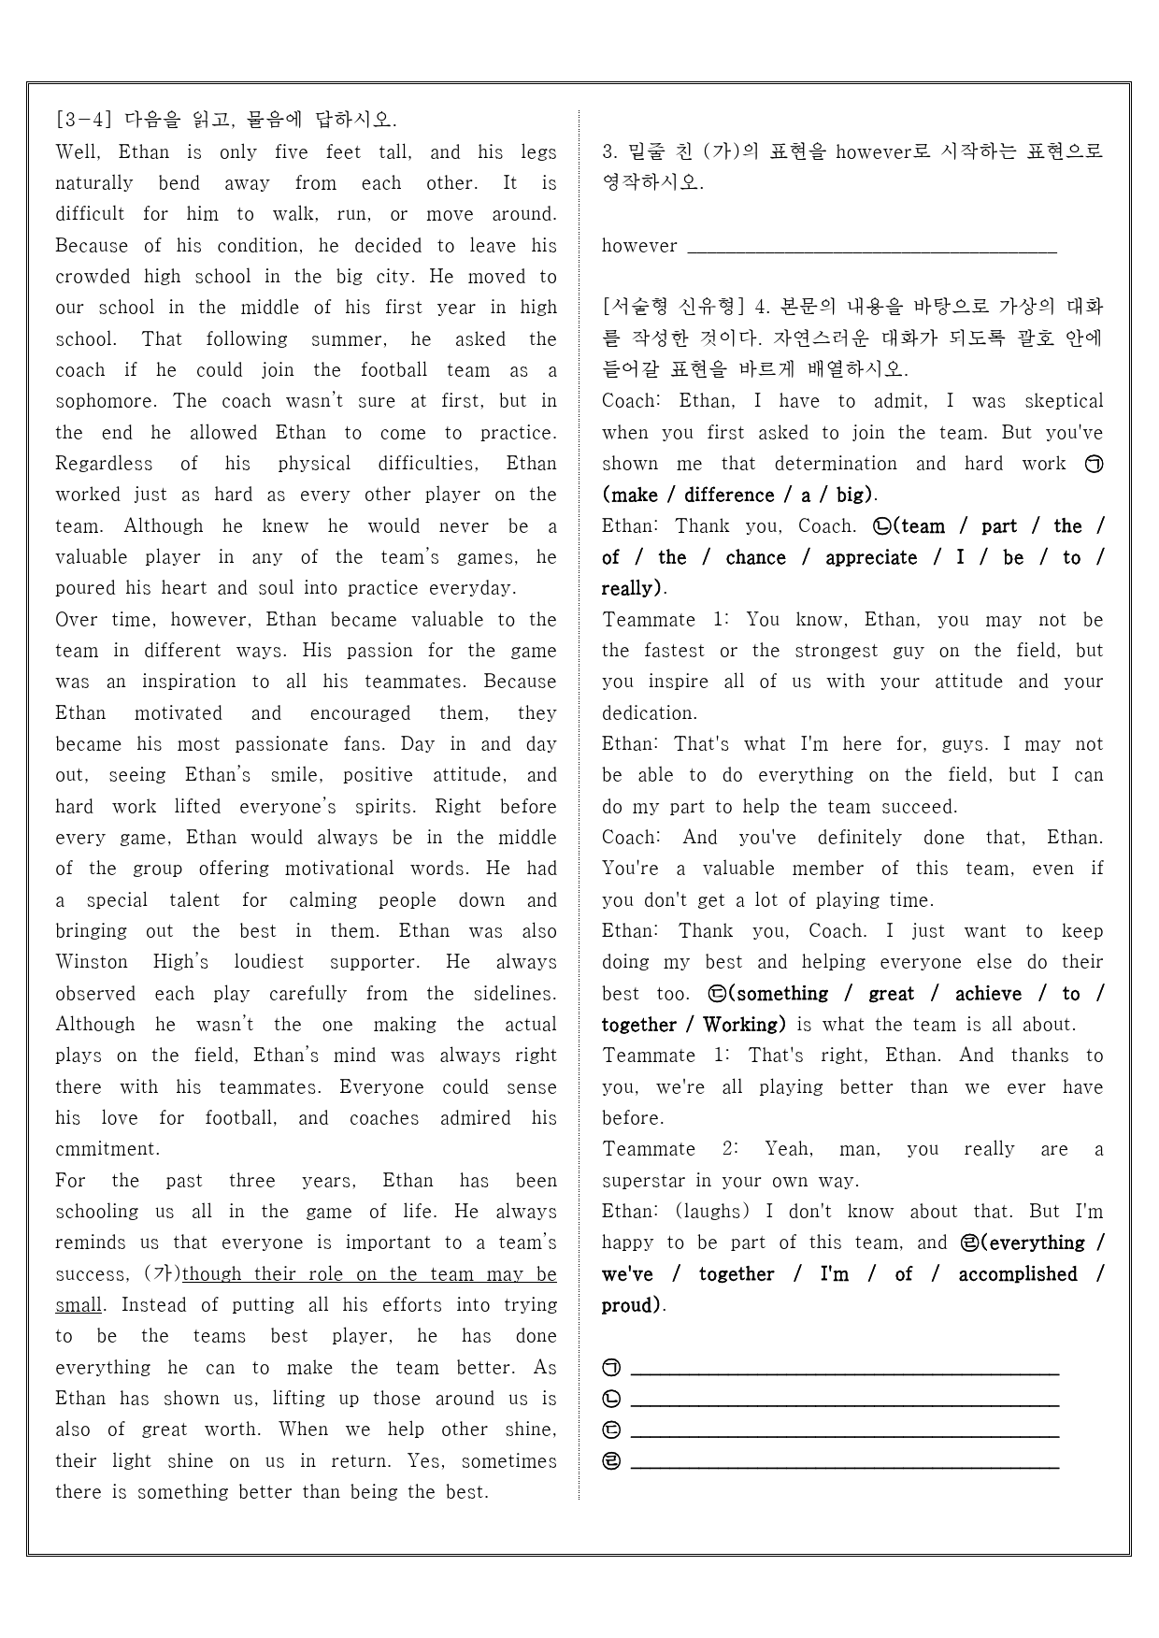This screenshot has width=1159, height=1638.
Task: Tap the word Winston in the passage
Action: tap(92, 962)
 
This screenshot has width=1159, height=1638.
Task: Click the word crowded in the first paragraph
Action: tap(93, 277)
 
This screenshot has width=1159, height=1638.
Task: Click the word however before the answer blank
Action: tap(639, 246)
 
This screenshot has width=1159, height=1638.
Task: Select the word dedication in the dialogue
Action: tap(650, 713)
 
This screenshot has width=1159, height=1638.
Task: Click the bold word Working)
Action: tap(744, 1025)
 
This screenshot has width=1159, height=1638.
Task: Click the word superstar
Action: tap(644, 1181)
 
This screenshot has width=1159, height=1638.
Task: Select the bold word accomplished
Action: tap(1018, 1274)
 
